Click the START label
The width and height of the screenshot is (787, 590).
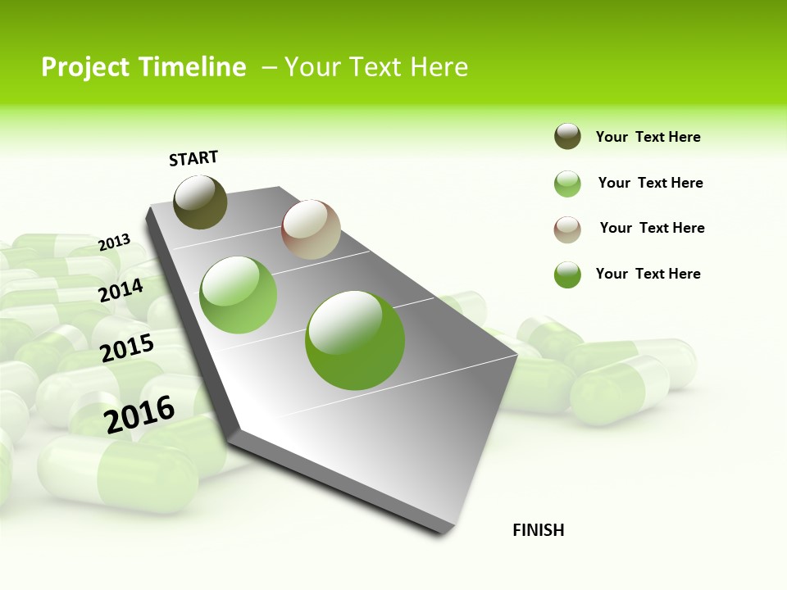[193, 158]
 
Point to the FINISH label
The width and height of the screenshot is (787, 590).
[538, 530]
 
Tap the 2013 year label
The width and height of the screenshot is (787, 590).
[115, 243]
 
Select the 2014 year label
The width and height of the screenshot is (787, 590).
[121, 290]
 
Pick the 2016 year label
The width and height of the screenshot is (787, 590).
[139, 415]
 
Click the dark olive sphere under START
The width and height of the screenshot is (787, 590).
[201, 202]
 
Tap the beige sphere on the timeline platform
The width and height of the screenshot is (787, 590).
[311, 229]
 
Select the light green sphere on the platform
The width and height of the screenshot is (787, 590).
[239, 295]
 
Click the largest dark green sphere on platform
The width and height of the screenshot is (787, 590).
[355, 340]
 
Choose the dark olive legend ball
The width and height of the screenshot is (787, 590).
[567, 137]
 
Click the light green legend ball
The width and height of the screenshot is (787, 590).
[567, 184]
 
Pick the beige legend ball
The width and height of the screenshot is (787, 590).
[567, 229]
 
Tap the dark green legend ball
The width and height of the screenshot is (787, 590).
[567, 275]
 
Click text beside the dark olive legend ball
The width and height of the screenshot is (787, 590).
[648, 137]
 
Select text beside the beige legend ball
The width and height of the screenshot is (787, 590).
[652, 228]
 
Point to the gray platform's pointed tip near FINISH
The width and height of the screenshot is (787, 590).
[447, 531]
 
